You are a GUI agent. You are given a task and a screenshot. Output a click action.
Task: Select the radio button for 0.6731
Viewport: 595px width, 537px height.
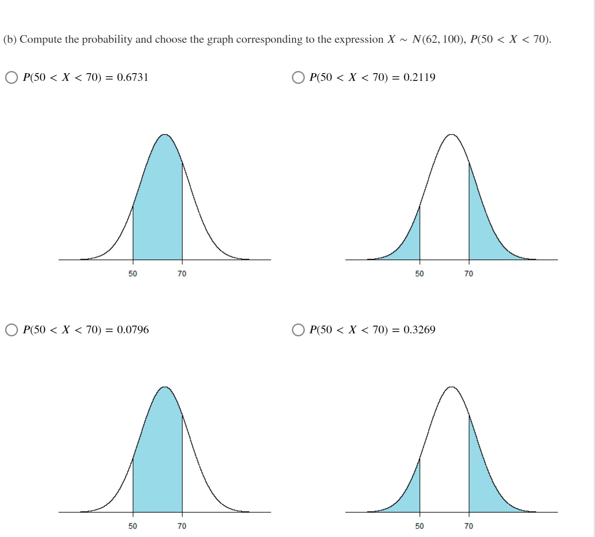coord(12,77)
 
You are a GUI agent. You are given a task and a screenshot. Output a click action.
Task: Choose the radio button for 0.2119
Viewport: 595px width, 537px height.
coord(298,77)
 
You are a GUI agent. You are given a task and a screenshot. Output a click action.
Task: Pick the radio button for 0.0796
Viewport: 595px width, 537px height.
coord(12,330)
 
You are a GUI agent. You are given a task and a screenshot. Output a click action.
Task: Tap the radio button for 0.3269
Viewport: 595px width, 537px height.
coord(298,330)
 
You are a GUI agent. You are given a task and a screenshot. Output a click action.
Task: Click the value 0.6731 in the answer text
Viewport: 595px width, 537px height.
coord(133,77)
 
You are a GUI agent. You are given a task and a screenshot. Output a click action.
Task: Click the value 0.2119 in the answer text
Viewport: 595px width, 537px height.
coord(419,77)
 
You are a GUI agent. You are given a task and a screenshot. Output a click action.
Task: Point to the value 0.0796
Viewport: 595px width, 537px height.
coord(133,330)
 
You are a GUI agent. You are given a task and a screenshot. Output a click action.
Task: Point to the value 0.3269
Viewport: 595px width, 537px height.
coord(419,330)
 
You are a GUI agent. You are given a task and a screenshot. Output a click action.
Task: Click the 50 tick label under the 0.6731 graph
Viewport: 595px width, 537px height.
coord(133,273)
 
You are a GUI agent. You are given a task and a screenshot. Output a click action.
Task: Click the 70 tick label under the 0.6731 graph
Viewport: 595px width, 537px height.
coord(182,273)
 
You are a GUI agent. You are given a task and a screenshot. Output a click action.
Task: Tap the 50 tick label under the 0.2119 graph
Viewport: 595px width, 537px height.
coord(419,273)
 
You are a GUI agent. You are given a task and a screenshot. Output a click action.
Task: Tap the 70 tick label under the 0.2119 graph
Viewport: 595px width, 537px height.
coord(469,273)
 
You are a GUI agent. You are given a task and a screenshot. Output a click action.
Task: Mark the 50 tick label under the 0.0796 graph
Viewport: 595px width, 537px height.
coord(133,526)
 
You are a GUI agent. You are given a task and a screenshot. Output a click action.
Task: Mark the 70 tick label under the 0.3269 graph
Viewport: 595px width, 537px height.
coord(469,526)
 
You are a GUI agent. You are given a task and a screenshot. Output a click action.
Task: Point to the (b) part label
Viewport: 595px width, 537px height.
coord(9,39)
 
